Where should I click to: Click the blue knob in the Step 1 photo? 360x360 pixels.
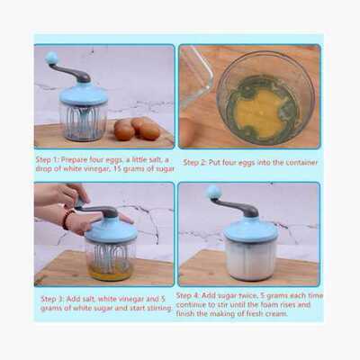coord(51,58)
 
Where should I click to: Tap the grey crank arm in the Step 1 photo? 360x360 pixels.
coord(70,73)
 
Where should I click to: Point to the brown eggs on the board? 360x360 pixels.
coord(137,129)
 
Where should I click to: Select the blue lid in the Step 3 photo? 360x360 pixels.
coord(111,230)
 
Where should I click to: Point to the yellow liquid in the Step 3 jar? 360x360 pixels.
coord(111,273)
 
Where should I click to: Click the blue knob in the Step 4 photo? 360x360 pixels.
coord(214,192)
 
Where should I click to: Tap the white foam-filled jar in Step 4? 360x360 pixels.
coord(250,258)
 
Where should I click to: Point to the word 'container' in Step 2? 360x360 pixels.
coord(301,163)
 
